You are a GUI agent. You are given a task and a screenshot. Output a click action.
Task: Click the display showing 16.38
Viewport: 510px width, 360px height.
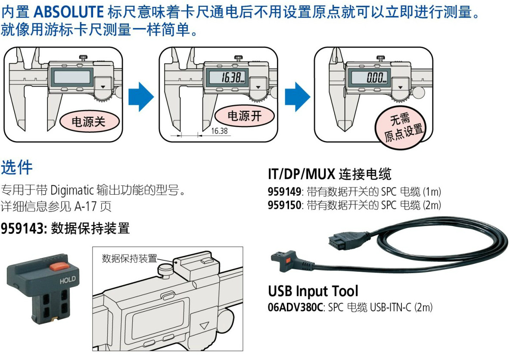[x=228, y=78]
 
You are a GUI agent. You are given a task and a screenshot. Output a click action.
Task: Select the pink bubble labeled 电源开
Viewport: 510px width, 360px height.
[x=244, y=116]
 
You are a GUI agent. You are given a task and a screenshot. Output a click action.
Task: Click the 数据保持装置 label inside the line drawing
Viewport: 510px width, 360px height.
[x=129, y=258]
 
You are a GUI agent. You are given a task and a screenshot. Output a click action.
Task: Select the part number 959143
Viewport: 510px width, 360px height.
[x=23, y=229]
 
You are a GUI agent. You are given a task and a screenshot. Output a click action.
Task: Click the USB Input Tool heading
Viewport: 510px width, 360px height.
[x=313, y=292]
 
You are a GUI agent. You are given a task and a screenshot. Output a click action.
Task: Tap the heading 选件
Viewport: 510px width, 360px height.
[x=17, y=168]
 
